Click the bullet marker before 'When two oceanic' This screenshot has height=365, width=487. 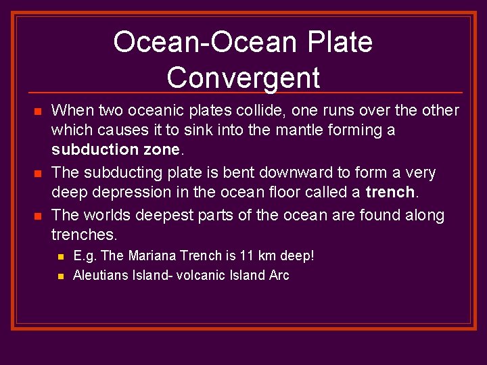pos(38,111)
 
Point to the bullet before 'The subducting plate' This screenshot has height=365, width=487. pos(38,174)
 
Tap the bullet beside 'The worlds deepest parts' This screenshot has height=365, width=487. pos(38,216)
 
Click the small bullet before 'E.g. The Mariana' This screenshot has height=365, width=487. pos(60,257)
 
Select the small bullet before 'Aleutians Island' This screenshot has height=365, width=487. pos(60,276)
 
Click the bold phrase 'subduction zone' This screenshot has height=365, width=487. pos(116,149)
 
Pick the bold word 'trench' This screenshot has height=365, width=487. pos(390,192)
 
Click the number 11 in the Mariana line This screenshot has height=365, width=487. pos(248,256)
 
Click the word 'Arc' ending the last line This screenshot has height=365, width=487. pos(279,275)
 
